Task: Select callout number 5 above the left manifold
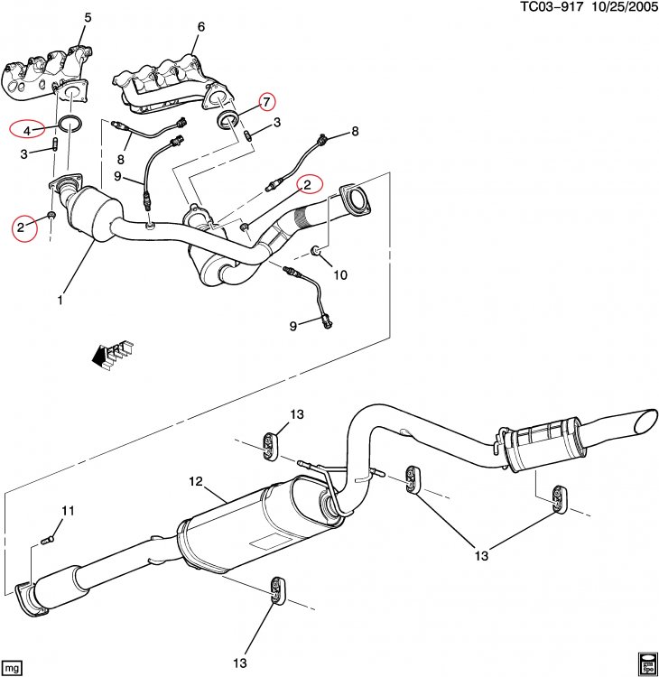click(x=88, y=18)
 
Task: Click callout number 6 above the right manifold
click(x=200, y=27)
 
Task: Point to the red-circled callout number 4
click(x=28, y=130)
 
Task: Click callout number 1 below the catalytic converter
click(x=60, y=300)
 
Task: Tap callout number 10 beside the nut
click(x=340, y=274)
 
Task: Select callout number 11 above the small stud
click(x=67, y=511)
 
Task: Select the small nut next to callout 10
click(x=316, y=250)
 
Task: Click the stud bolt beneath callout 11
click(x=48, y=540)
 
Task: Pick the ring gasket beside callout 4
click(x=72, y=124)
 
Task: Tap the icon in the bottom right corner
click(x=646, y=663)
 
